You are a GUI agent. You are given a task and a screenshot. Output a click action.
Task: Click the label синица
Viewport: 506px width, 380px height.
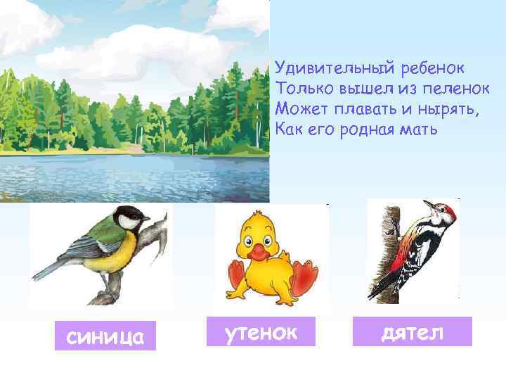click(x=105, y=337)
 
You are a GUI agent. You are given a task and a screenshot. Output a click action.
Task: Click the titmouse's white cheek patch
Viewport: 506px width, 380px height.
click(x=128, y=223)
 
